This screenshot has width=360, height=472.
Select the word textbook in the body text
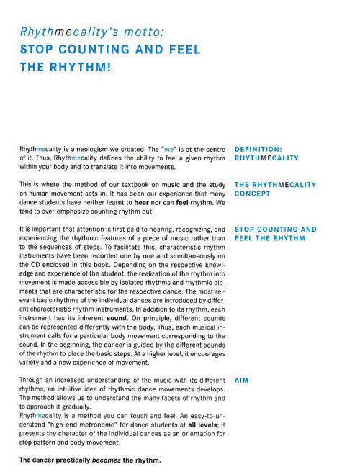(x=130, y=185)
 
